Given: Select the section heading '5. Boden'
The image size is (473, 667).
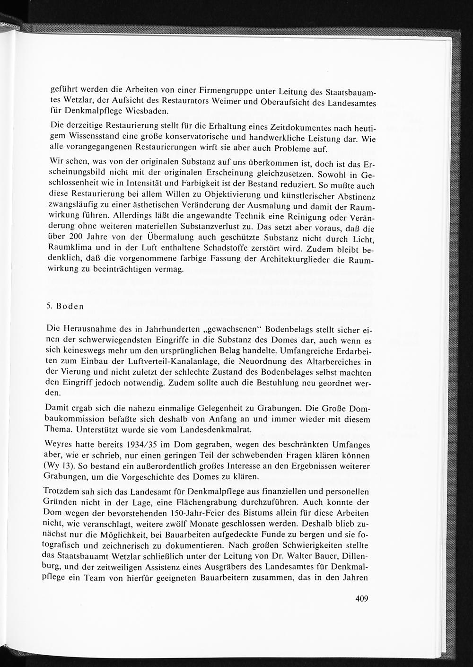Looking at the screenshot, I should pyautogui.click(x=65, y=306).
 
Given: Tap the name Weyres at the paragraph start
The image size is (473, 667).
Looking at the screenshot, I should pyautogui.click(x=60, y=445).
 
